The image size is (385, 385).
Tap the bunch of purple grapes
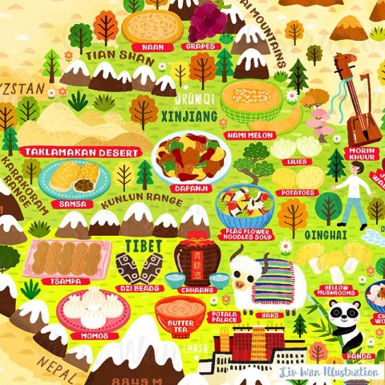207,21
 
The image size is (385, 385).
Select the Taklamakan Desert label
81,151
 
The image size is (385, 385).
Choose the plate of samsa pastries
75,178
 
